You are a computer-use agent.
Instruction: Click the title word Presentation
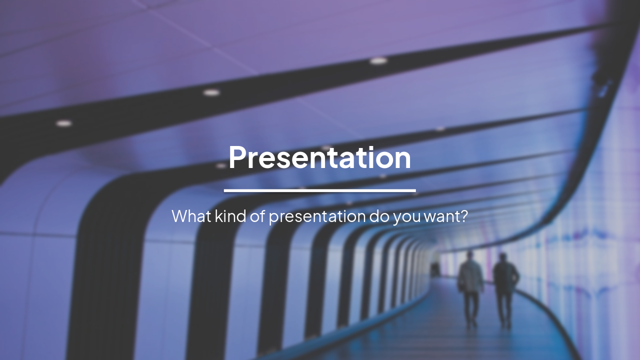point(319,157)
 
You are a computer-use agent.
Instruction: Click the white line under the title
point(319,190)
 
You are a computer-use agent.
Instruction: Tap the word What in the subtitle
point(191,216)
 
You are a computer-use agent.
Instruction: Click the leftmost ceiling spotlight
point(63,123)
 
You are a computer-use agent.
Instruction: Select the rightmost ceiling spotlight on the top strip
point(378,61)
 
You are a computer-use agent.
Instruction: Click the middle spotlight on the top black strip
point(211,92)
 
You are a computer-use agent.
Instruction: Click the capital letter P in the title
point(238,157)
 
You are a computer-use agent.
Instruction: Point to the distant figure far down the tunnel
point(435,269)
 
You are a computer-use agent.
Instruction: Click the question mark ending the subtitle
point(463,216)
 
